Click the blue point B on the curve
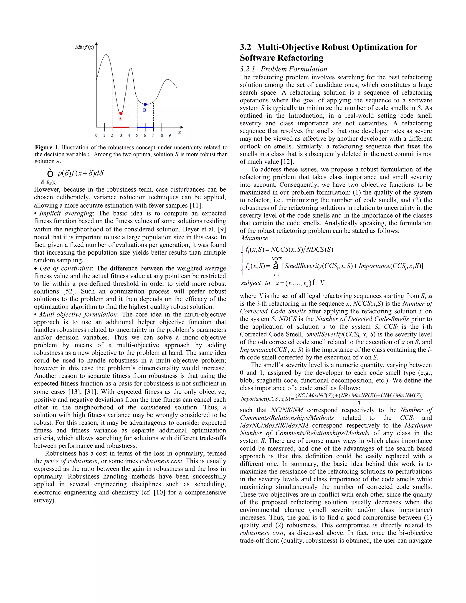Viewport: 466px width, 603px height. click(x=145, y=104)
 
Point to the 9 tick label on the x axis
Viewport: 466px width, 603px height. click(x=170, y=135)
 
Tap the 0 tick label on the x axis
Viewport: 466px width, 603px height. click(x=96, y=135)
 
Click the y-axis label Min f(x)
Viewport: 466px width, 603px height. click(x=84, y=47)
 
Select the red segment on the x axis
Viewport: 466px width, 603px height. click(x=121, y=127)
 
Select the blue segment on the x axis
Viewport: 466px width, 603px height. click(x=145, y=127)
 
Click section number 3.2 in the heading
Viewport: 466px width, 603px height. click(x=246, y=47)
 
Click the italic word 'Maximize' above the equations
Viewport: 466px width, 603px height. click(x=255, y=238)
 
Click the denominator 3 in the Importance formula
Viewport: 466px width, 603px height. click(x=359, y=403)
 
